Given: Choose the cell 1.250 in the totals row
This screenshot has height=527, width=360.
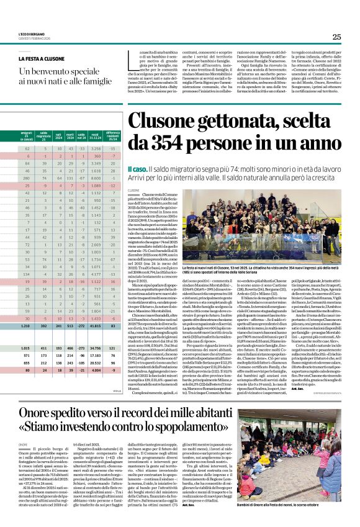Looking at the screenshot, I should click(27, 325).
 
